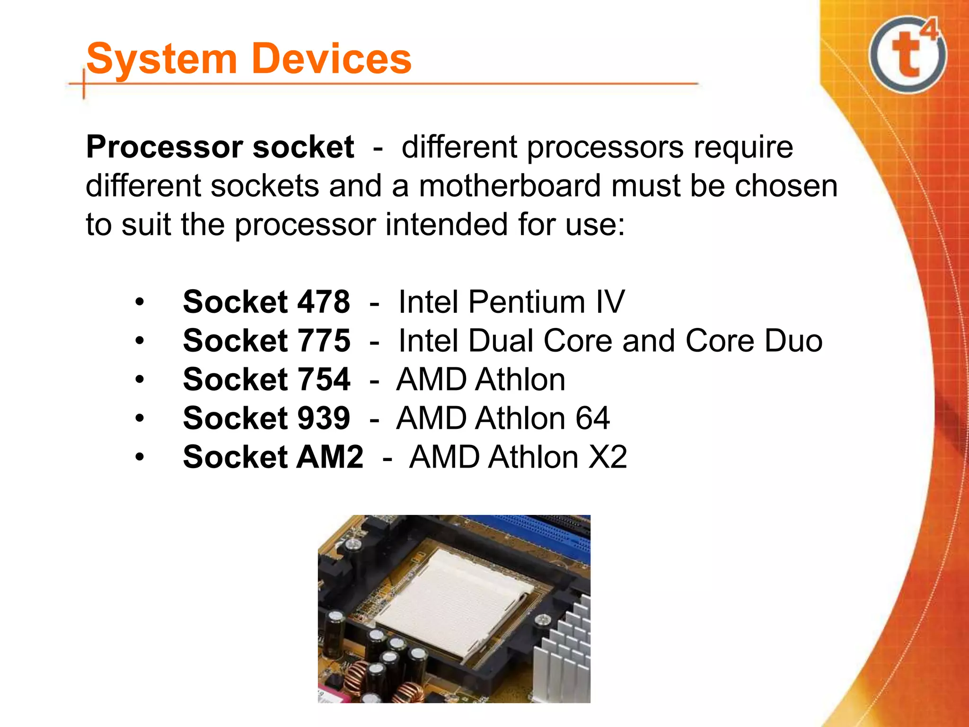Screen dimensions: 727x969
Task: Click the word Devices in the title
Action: click(332, 59)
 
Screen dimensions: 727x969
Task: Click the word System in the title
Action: click(161, 60)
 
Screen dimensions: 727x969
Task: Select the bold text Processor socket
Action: click(220, 147)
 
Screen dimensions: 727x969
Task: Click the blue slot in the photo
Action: click(544, 535)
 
